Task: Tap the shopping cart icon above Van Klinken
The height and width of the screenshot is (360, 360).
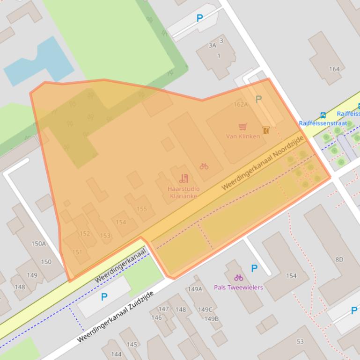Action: tap(242, 127)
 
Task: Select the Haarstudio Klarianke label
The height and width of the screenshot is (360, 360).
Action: tap(184, 192)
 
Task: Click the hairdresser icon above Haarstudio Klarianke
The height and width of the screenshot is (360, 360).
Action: tap(184, 178)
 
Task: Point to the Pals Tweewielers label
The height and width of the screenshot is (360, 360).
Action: tap(238, 288)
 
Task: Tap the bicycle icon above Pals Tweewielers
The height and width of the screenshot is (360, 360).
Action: tap(239, 278)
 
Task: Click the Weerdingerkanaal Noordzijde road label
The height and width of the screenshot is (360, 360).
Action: tap(263, 163)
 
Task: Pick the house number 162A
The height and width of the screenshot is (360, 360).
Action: tap(240, 105)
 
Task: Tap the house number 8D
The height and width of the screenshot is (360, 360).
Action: tap(339, 259)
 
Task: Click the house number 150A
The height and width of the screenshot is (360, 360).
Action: tap(38, 244)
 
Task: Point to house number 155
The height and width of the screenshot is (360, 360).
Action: tap(142, 209)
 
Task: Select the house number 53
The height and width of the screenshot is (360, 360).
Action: tap(300, 342)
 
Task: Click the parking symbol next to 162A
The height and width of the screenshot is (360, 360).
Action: tap(259, 99)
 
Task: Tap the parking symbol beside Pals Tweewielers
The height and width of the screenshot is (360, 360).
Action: tap(254, 268)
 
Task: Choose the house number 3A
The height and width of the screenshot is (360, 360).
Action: tap(212, 45)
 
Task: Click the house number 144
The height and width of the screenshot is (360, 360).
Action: tap(116, 354)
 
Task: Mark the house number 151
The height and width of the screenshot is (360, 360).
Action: tap(77, 252)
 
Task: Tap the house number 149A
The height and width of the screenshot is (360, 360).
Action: tap(195, 289)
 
